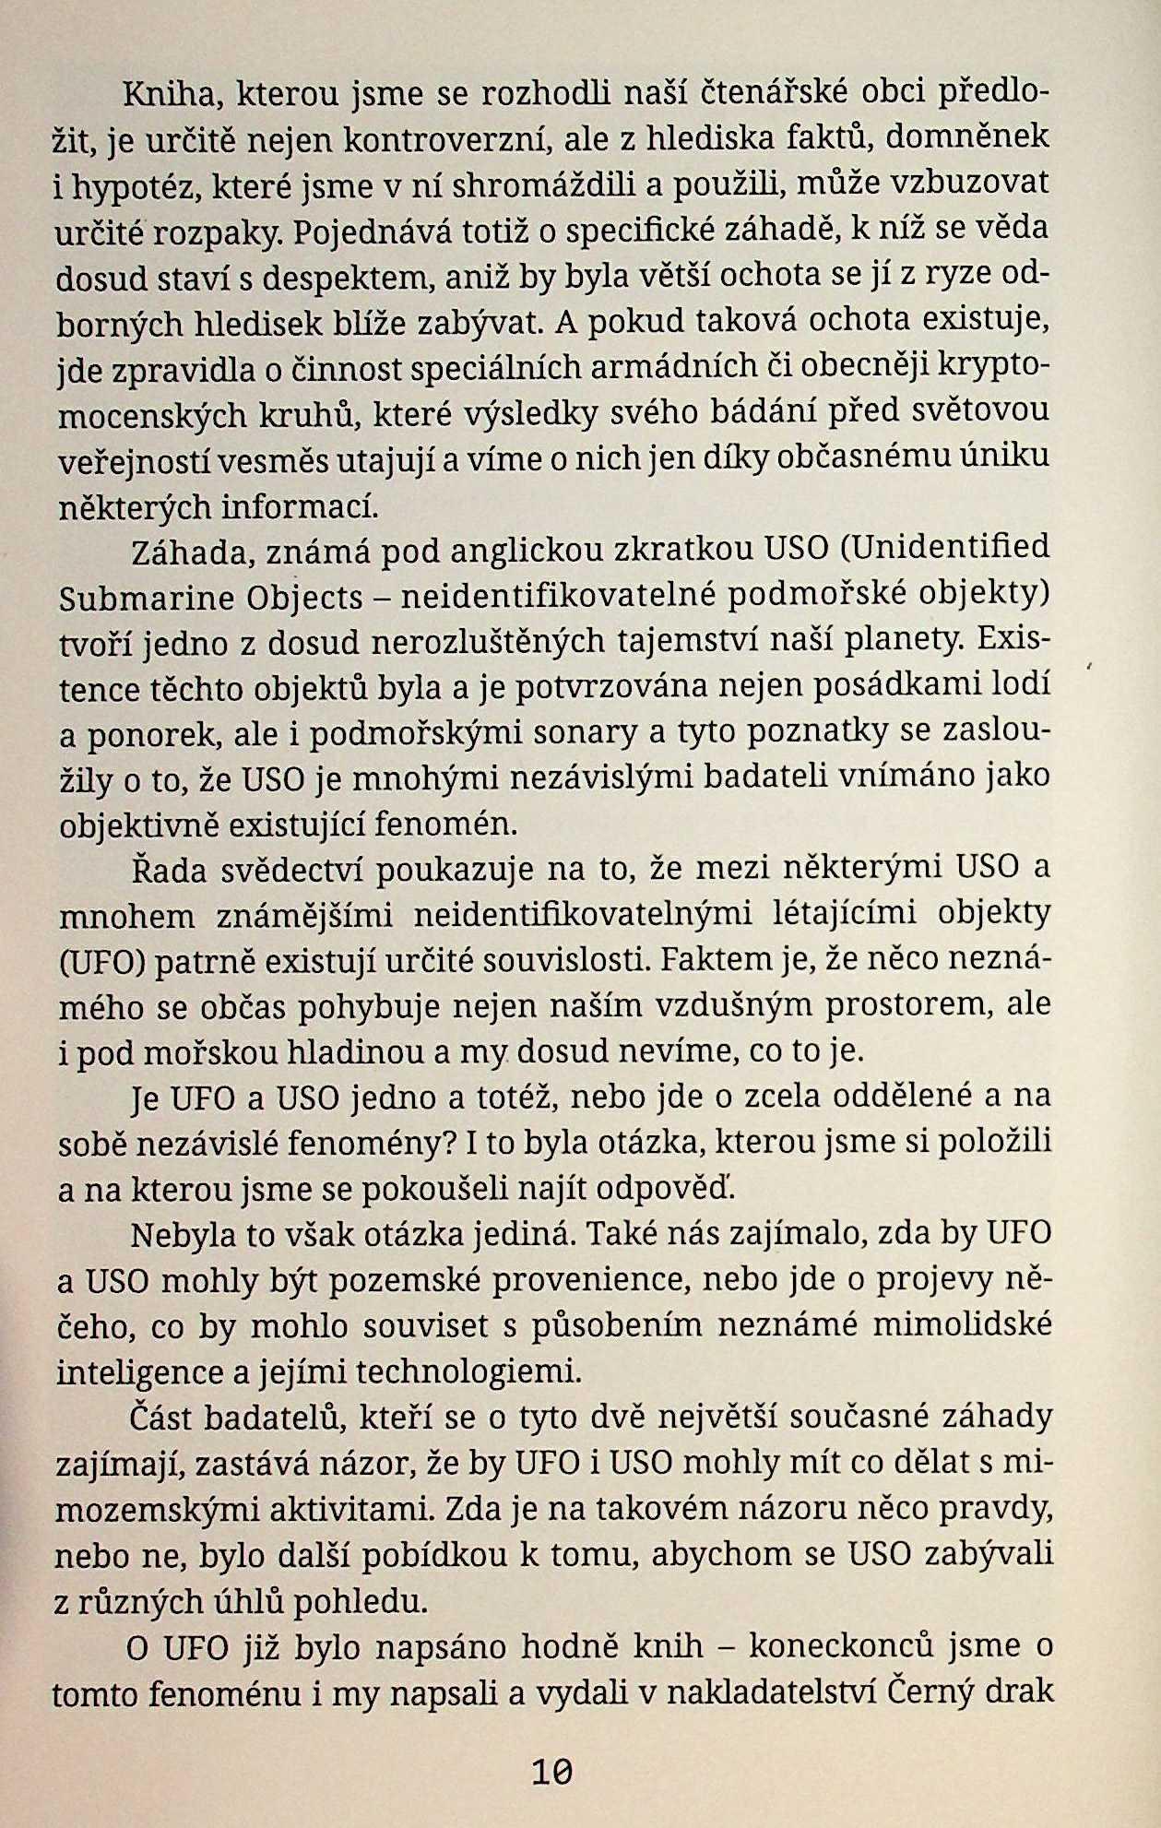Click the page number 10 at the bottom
coord(552,1771)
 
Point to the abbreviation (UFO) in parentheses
coord(102,962)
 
